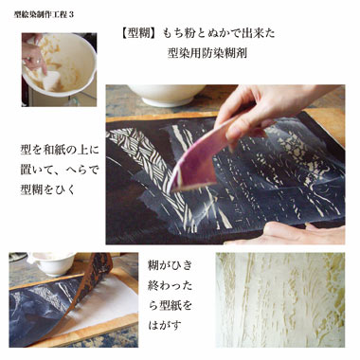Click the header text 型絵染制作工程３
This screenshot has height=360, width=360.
click(44, 14)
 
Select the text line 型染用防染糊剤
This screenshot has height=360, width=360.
click(207, 53)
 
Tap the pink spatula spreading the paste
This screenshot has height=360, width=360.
click(200, 155)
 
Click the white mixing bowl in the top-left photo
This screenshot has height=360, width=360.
click(60, 63)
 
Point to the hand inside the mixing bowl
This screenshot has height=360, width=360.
click(34, 57)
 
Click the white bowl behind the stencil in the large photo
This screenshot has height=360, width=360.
click(166, 95)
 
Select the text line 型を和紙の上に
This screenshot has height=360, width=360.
click(60, 150)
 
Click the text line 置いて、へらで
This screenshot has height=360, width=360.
click(60, 171)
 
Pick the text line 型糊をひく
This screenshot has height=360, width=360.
click(47, 190)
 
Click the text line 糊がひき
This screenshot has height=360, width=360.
click(170, 265)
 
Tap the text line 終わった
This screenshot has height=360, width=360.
click(170, 286)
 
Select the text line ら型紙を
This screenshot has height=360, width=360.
click(170, 306)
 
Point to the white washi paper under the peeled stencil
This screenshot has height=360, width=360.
click(104, 303)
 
